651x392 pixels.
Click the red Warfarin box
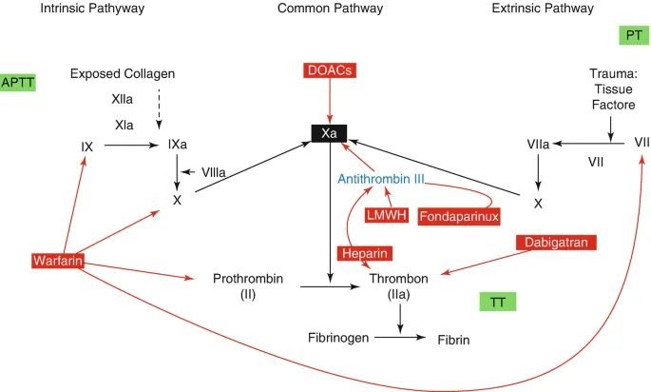(x=55, y=261)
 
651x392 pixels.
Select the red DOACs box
(x=329, y=70)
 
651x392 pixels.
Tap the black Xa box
(x=330, y=134)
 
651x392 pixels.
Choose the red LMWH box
(x=387, y=215)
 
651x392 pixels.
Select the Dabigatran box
(x=562, y=244)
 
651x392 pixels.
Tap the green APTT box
(x=18, y=83)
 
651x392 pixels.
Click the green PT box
(x=632, y=35)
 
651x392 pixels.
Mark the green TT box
(x=497, y=302)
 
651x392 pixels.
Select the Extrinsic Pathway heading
(x=543, y=9)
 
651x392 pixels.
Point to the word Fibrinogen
(x=338, y=338)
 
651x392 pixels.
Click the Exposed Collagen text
(x=124, y=73)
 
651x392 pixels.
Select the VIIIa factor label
(x=214, y=172)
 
